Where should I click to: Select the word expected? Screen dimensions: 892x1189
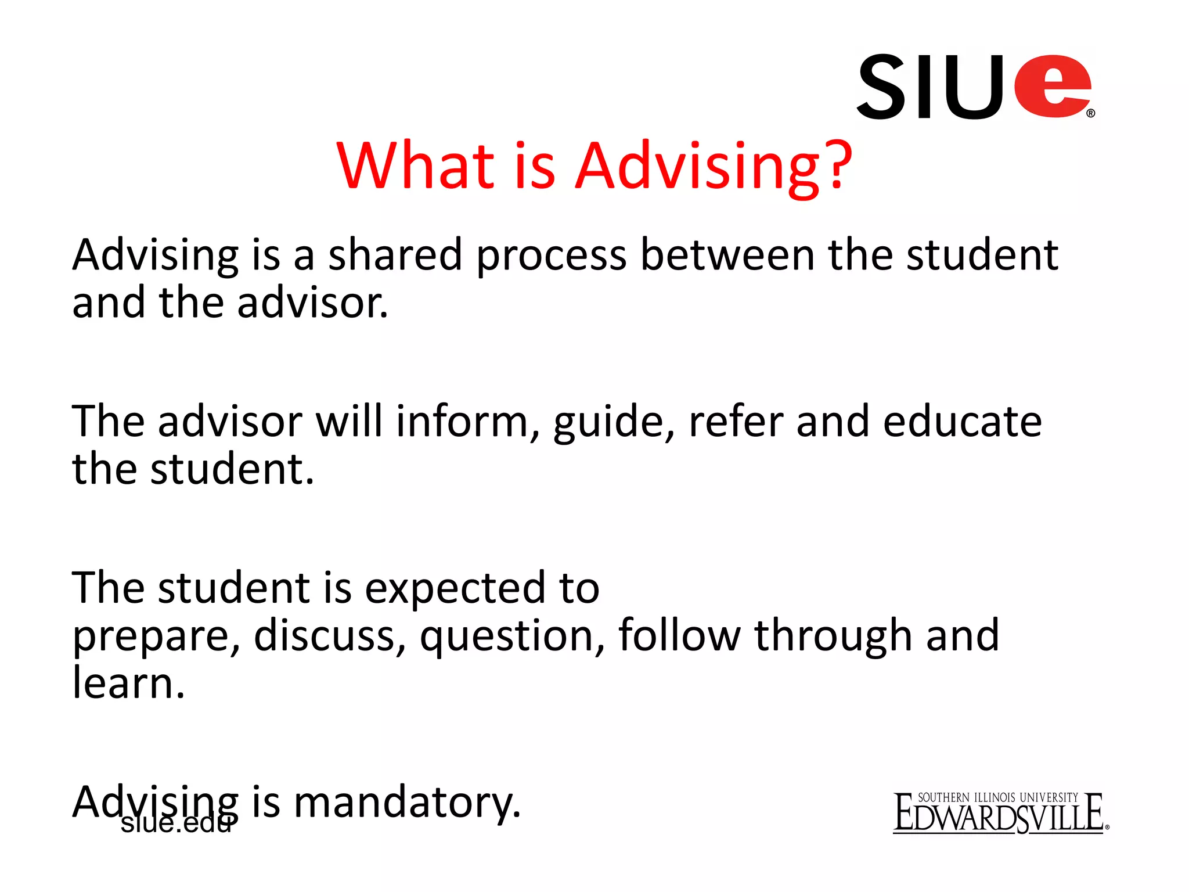click(455, 589)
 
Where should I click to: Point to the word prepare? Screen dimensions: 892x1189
click(156, 638)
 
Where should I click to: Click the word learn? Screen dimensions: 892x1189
click(128, 684)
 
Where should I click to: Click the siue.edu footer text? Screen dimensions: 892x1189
click(175, 823)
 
